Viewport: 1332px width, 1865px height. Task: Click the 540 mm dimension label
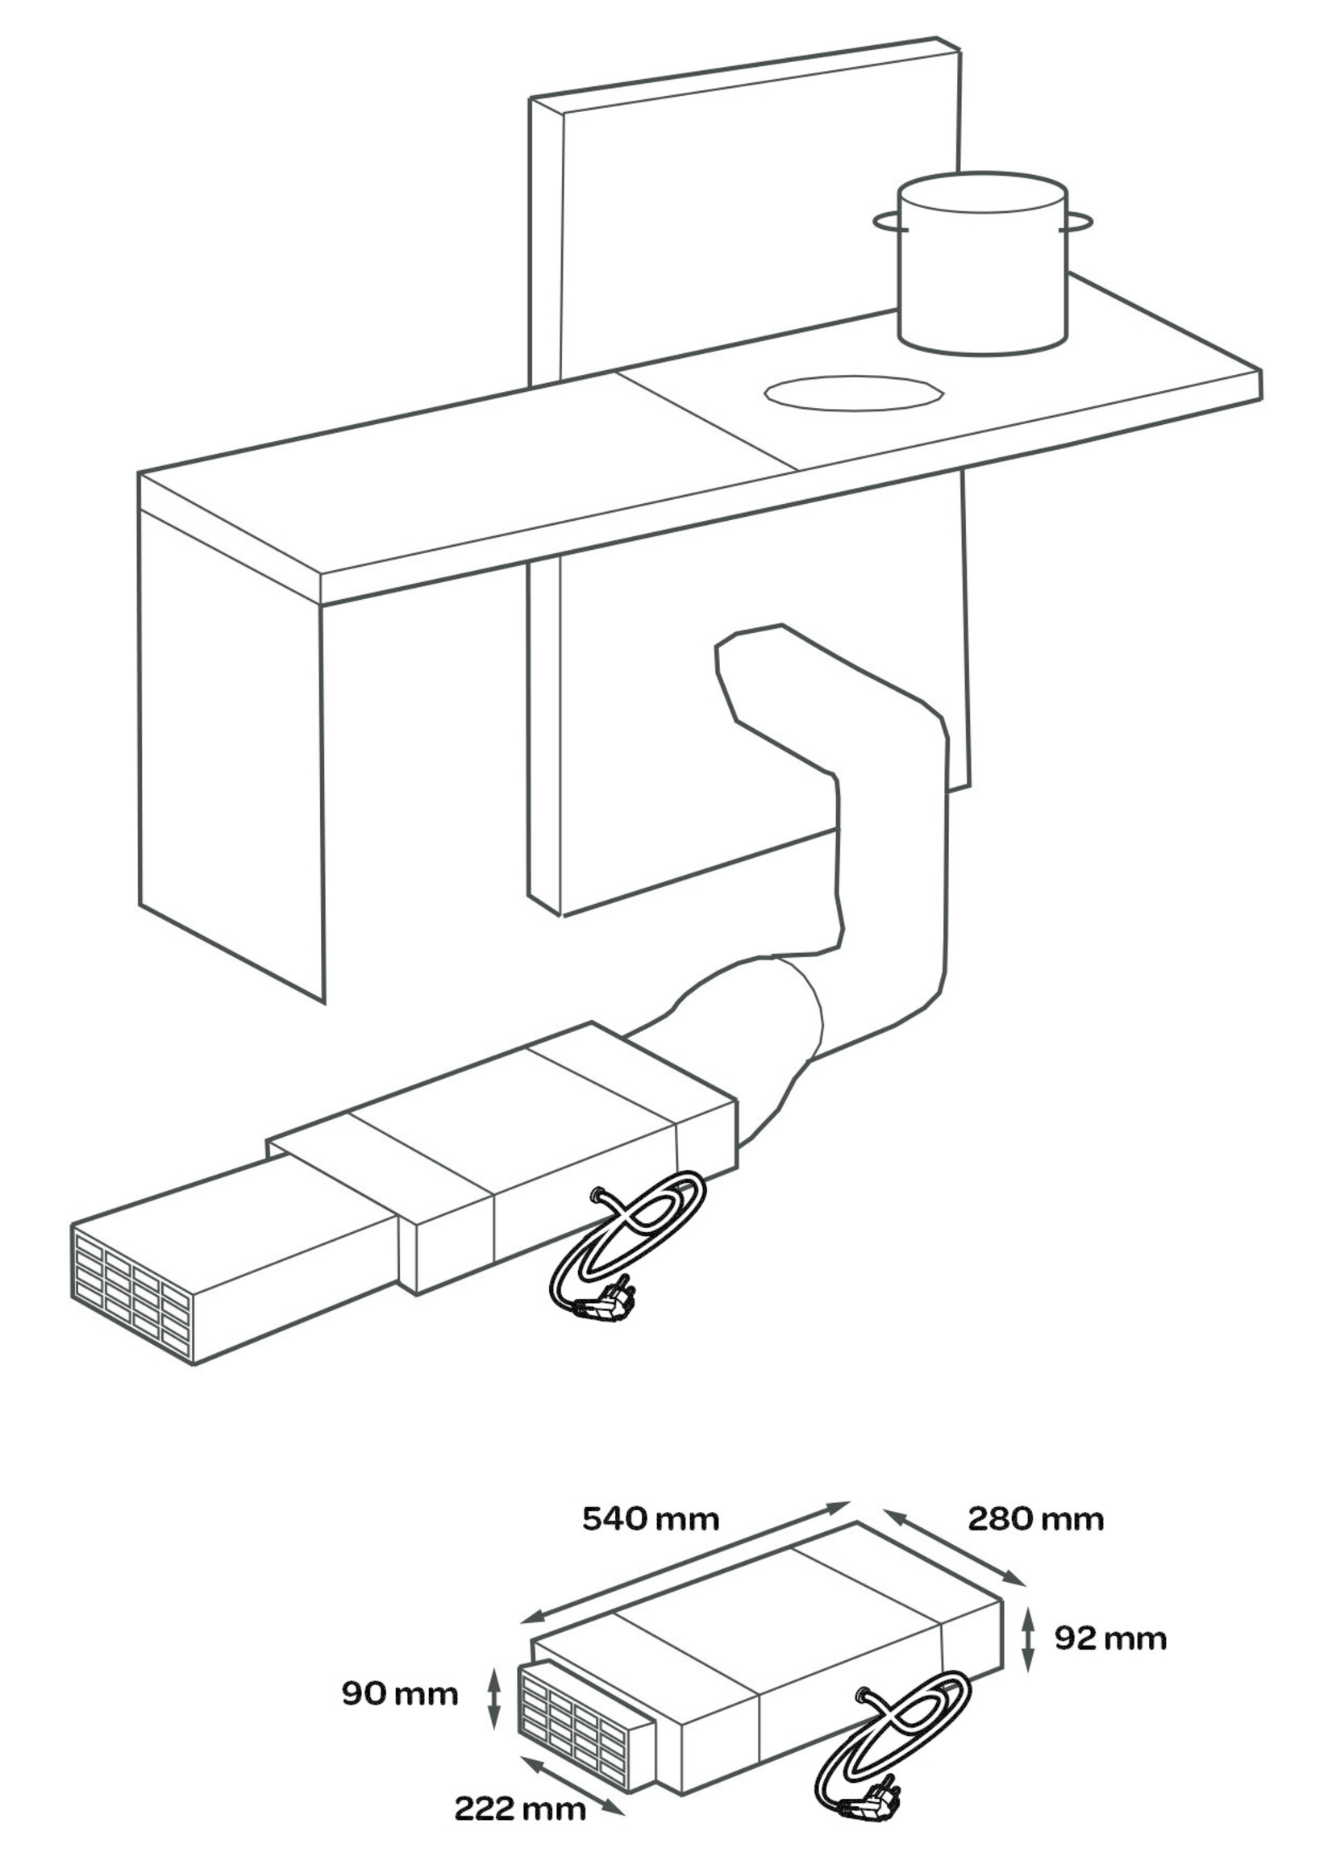coord(651,1519)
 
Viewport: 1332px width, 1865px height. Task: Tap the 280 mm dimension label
coord(1036,1519)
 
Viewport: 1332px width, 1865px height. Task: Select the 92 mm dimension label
coord(1109,1638)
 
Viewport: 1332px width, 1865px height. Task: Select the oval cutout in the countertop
coord(854,393)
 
